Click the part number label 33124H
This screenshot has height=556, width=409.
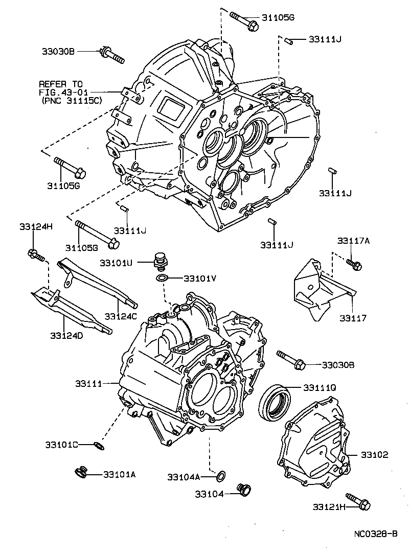[33, 226]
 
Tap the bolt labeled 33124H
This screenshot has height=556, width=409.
[36, 254]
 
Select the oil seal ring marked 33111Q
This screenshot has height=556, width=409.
[275, 400]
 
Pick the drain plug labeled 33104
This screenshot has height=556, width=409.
[245, 491]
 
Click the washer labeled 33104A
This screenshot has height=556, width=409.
[221, 476]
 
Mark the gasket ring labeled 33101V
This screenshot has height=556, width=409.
[162, 278]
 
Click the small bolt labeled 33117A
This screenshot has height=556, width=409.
[354, 264]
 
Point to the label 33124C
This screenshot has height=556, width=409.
[121, 317]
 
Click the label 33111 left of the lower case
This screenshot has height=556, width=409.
[89, 383]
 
